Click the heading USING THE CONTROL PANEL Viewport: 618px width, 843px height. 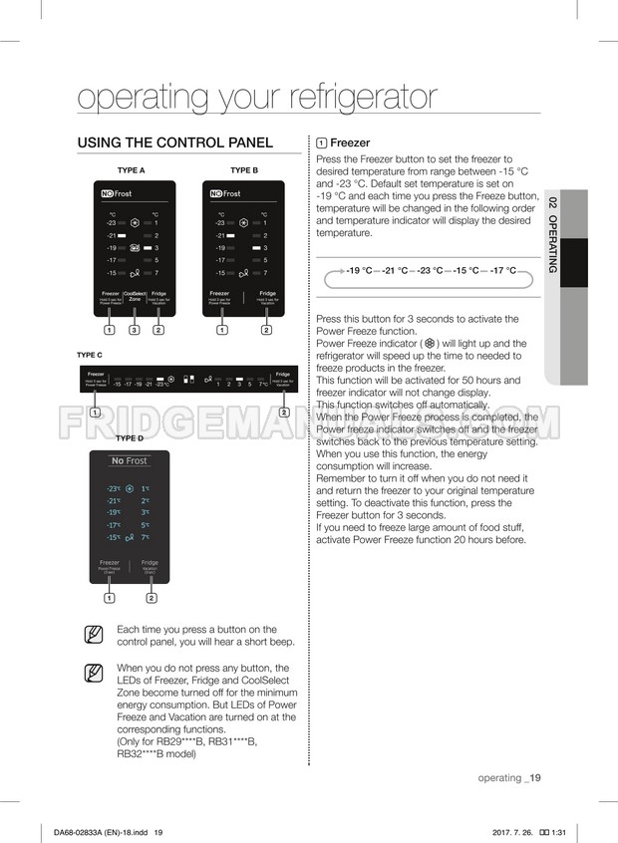point(174,143)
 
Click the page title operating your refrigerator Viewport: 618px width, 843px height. point(257,97)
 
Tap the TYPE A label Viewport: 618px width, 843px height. point(132,170)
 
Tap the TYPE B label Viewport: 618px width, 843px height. point(243,170)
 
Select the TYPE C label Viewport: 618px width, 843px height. point(90,355)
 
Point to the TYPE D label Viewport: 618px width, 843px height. point(130,438)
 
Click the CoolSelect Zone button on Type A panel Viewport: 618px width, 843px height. point(135,296)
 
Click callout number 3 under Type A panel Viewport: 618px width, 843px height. point(135,329)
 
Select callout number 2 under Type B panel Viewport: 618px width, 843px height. point(267,329)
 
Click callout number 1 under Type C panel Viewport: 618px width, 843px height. point(93,413)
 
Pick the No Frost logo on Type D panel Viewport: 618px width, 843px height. point(130,461)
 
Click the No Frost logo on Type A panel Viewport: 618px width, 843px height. point(116,193)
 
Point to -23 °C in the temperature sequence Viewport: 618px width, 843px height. point(430,270)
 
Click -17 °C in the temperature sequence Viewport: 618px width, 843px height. point(502,270)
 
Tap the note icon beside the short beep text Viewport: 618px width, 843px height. point(94,634)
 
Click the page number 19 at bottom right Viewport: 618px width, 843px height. point(533,778)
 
